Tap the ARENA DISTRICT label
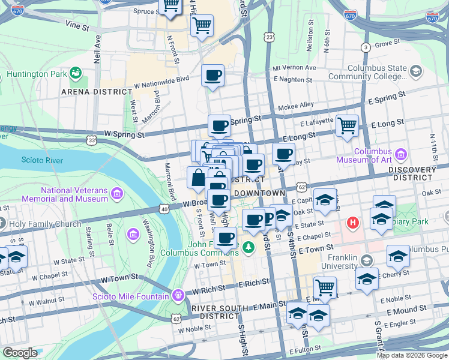tap(96, 92)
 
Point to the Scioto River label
tap(42, 160)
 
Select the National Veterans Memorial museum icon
tap(117, 194)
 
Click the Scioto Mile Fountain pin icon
tap(177, 295)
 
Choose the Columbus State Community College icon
tap(415, 72)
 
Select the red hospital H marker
tap(354, 223)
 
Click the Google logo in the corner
tap(20, 353)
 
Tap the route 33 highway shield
tap(91, 140)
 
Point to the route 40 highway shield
tap(164, 208)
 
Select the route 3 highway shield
tap(365, 47)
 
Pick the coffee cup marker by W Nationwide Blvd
tap(213, 76)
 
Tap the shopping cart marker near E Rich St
tap(325, 287)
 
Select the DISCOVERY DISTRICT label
tap(418, 174)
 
